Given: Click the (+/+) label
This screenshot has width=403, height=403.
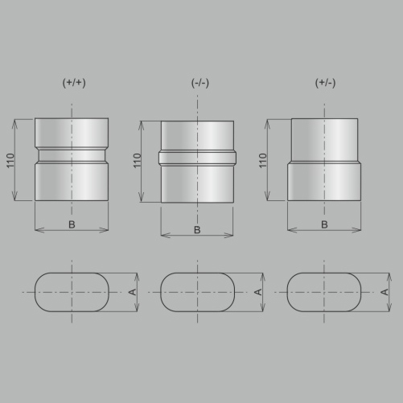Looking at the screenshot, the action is (x=74, y=83).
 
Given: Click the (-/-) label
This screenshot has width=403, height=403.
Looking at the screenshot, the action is (x=200, y=83).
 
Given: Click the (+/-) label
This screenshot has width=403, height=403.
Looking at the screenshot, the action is (x=325, y=83).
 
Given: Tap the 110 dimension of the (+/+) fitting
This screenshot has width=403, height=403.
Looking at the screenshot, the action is (x=10, y=161).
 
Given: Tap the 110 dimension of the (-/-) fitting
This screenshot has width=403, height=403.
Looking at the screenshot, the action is (x=137, y=161).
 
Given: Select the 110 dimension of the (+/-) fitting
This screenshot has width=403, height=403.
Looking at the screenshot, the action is (x=263, y=161).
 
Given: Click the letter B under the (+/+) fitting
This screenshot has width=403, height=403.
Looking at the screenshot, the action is (x=72, y=224).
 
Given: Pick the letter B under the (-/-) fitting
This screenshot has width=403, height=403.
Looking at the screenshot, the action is (x=197, y=230).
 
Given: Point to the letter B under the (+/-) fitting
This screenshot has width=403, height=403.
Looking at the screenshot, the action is (x=324, y=224).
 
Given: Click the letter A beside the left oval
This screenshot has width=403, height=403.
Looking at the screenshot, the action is (x=133, y=292).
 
